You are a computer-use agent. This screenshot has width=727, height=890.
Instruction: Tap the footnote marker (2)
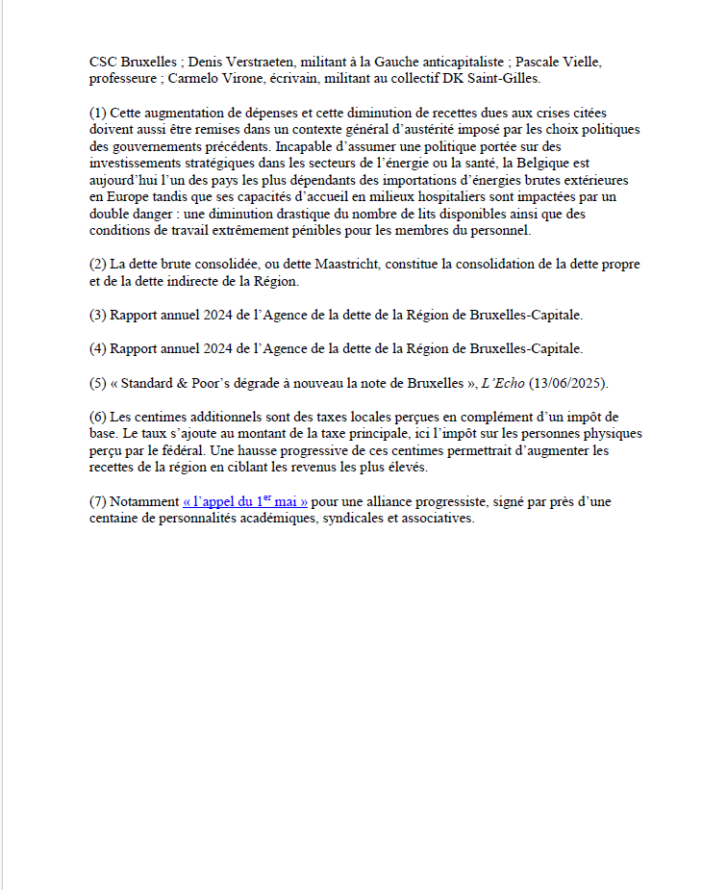click(97, 264)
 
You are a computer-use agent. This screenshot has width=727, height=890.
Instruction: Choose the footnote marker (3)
click(97, 315)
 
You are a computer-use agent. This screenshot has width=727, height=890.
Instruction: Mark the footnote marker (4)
click(97, 348)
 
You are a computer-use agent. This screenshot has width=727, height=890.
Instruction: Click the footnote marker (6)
click(97, 417)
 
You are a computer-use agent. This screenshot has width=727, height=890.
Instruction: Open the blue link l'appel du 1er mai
click(245, 501)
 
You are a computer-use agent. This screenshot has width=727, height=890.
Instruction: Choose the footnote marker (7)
click(97, 502)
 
